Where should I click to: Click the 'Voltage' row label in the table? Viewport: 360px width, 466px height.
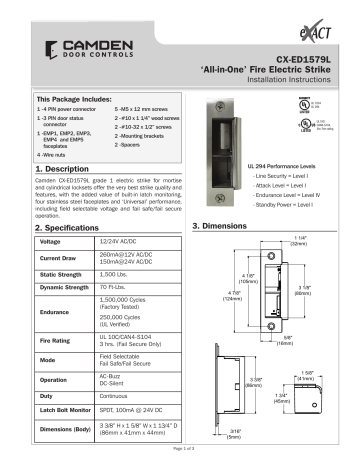click(49, 243)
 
